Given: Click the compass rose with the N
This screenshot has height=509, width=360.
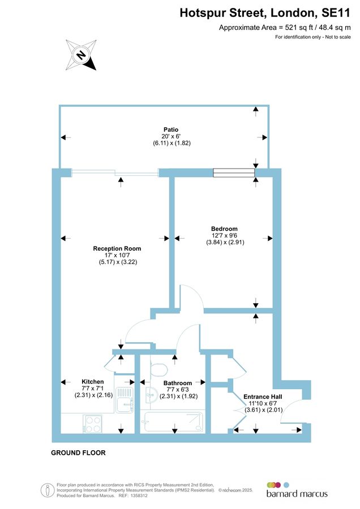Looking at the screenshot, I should click(x=81, y=55).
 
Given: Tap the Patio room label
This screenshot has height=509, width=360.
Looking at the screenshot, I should click(x=163, y=130).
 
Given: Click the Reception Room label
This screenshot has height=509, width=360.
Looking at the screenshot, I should click(x=117, y=248).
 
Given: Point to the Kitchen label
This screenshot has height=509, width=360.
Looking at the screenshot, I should click(x=93, y=381).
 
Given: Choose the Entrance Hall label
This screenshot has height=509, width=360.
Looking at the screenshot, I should click(x=262, y=396).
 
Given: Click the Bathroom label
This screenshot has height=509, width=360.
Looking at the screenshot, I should click(x=178, y=383).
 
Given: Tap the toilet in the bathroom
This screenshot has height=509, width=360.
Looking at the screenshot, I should click(x=158, y=369).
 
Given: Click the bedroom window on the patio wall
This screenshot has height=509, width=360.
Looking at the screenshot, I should click(x=234, y=173).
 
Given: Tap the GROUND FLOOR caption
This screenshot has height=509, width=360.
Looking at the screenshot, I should click(x=78, y=453).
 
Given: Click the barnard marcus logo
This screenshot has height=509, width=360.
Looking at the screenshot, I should click(x=297, y=490).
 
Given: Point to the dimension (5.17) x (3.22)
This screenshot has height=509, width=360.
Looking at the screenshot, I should click(x=117, y=262).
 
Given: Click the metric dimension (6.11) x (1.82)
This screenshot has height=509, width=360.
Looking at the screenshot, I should click(x=163, y=143).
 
